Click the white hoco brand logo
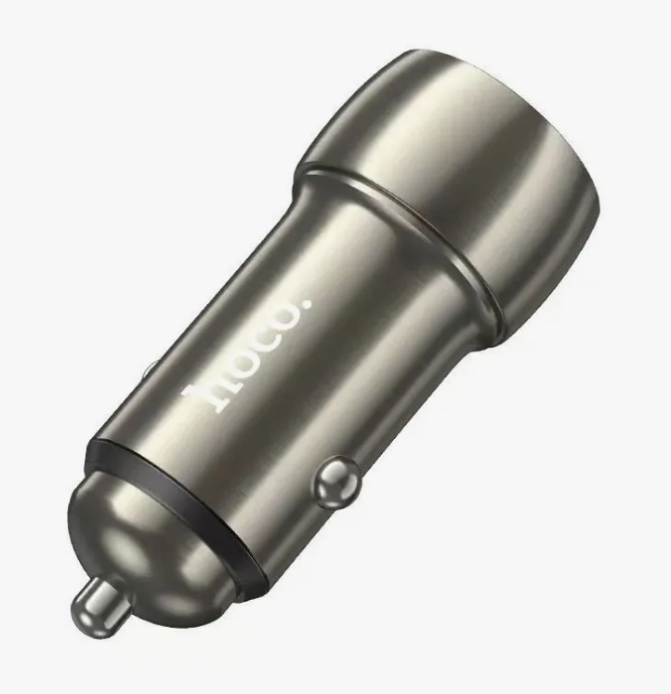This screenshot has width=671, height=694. point(246,356)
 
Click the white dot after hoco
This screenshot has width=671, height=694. point(306,304)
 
